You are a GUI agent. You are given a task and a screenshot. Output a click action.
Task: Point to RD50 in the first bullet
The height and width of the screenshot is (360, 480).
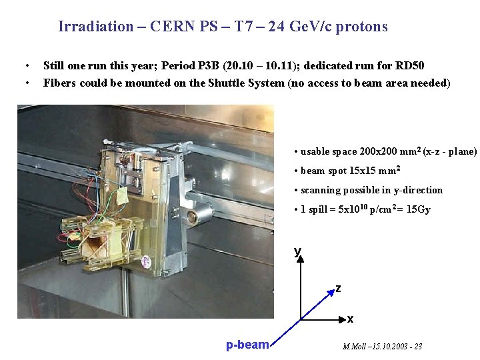[410, 65]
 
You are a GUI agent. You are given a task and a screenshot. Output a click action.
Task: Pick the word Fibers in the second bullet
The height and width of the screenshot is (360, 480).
[59, 83]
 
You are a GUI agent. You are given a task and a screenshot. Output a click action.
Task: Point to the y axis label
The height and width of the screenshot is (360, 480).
[297, 251]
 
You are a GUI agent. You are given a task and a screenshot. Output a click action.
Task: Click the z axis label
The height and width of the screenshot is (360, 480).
[338, 289]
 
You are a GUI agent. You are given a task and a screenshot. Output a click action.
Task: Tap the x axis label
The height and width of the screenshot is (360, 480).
[350, 319]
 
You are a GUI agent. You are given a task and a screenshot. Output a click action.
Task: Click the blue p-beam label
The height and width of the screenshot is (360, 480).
[247, 345]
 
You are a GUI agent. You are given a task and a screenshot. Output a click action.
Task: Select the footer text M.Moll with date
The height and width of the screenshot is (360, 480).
[382, 347]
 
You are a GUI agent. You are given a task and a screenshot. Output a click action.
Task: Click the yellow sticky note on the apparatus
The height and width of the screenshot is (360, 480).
[124, 196]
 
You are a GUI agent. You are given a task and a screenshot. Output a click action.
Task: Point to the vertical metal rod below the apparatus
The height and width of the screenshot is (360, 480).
[125, 293]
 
